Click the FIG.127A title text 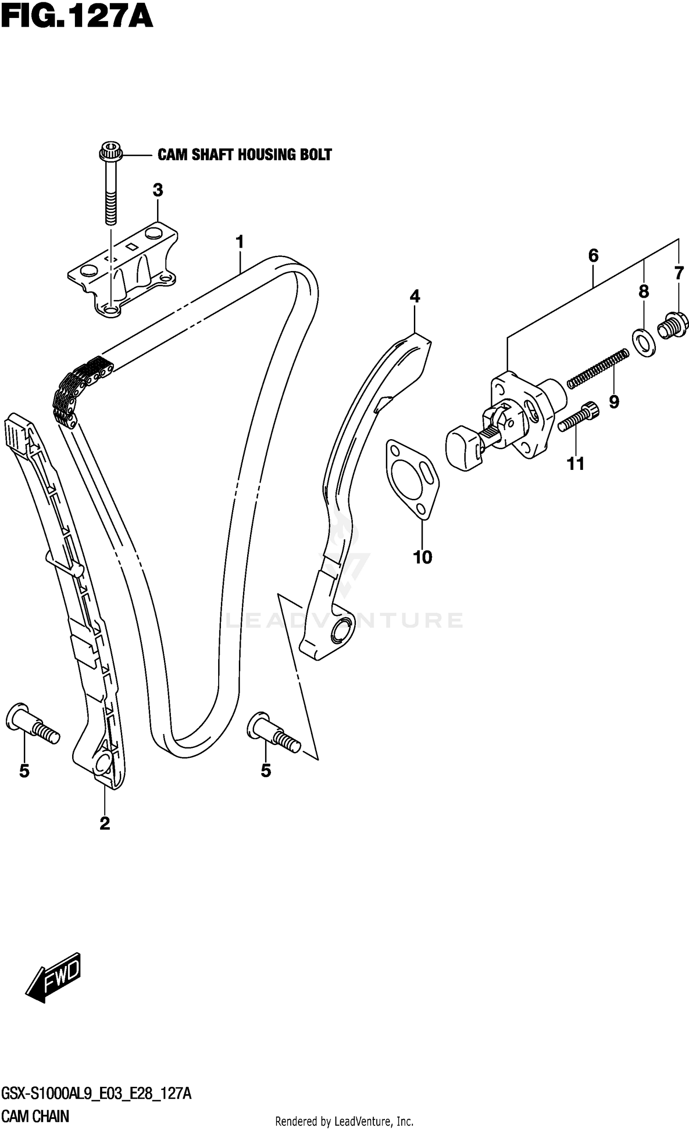point(76,18)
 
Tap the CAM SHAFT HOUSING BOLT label point(244,155)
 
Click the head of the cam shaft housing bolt point(109,151)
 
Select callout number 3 point(158,190)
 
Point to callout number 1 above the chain point(239,242)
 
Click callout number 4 point(414,296)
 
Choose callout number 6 point(593,255)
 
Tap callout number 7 point(679,273)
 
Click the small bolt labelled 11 point(579,416)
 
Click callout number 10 point(423,558)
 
